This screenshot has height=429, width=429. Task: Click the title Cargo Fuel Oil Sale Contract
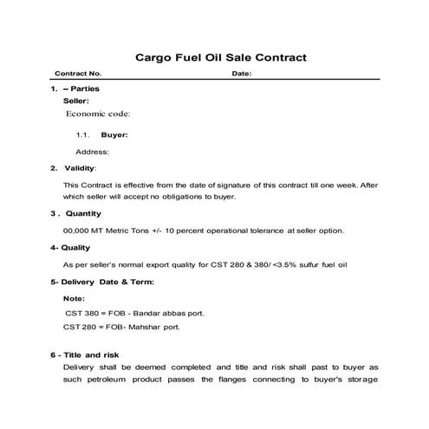(x=222, y=58)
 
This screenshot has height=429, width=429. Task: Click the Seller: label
(x=76, y=101)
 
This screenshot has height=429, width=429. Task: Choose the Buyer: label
(x=114, y=135)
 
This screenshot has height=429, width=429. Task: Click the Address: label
(x=92, y=152)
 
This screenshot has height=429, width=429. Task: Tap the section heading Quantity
(x=83, y=213)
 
